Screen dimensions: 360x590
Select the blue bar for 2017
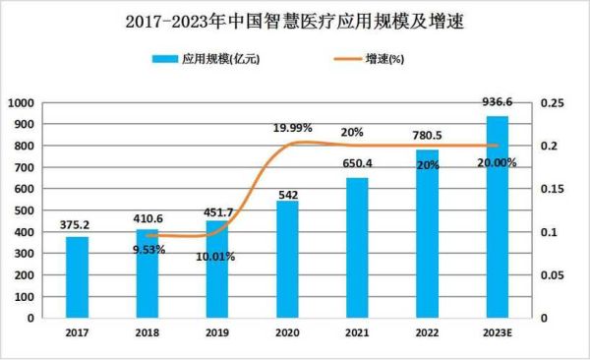77,277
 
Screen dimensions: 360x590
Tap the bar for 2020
286,260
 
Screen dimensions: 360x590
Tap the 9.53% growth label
147,250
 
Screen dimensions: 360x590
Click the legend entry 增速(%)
379,60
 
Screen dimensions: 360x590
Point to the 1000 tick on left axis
20,103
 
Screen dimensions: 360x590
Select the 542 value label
286,193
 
